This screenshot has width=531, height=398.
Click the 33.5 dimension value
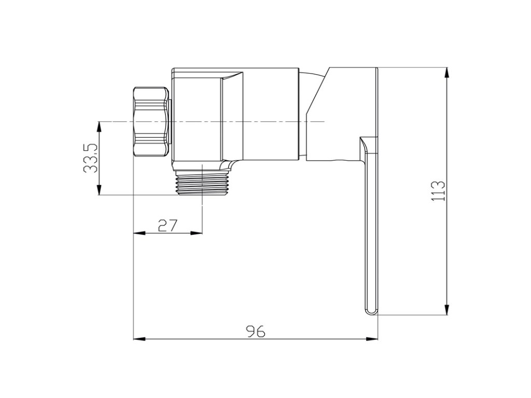(x=90, y=159)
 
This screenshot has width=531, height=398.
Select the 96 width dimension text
(x=256, y=331)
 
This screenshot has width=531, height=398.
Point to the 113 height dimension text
(x=438, y=191)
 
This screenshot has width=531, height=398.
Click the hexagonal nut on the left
(x=151, y=122)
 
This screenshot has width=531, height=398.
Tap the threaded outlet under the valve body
(x=202, y=183)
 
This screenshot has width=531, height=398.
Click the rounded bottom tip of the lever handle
(x=371, y=311)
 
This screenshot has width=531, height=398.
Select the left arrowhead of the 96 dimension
(x=139, y=338)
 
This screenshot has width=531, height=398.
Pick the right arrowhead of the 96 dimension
(x=372, y=338)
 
